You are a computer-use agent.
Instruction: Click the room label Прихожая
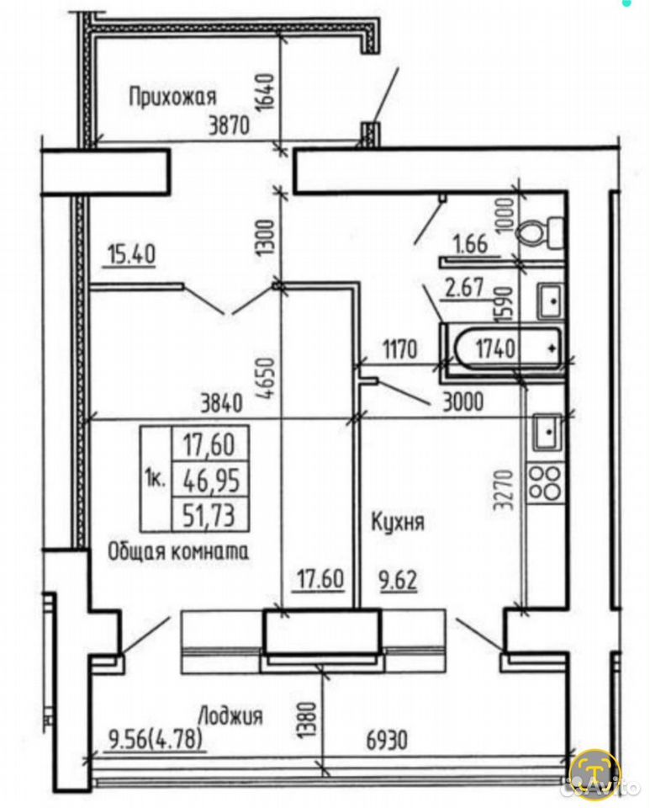click(172, 96)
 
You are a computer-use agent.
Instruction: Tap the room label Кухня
click(398, 522)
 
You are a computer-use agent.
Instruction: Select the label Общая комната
click(178, 552)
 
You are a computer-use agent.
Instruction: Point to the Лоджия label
click(230, 715)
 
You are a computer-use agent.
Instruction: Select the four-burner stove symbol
click(546, 483)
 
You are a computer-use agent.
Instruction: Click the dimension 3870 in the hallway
click(229, 125)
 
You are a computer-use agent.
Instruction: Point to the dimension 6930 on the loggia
click(387, 740)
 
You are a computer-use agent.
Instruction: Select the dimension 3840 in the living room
click(222, 403)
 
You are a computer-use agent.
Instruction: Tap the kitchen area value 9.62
click(398, 580)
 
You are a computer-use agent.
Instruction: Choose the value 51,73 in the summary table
click(209, 514)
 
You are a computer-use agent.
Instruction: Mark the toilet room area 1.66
click(470, 244)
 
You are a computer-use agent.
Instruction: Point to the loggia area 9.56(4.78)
click(155, 740)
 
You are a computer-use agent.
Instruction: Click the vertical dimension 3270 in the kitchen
click(503, 490)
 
